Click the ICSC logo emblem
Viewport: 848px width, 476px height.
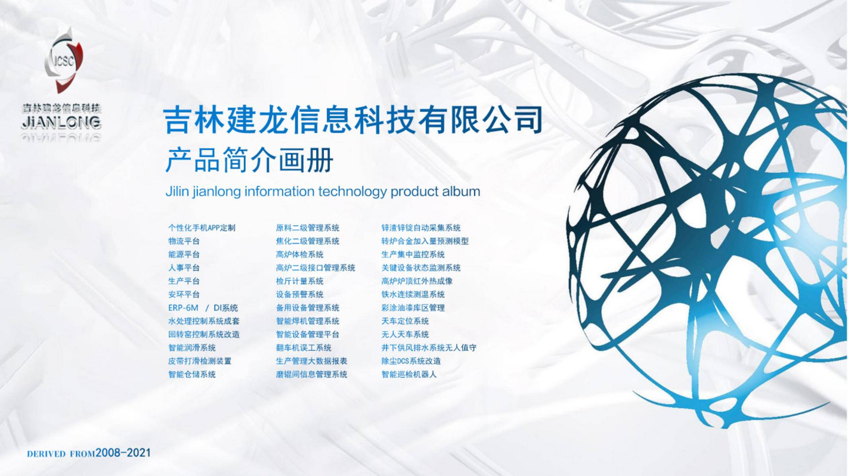tap(63, 60)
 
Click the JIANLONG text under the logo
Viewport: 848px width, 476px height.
tap(61, 123)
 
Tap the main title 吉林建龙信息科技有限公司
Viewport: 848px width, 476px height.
tap(353, 120)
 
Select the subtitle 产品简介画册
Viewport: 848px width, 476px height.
tap(249, 160)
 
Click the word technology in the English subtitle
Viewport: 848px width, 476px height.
tap(352, 192)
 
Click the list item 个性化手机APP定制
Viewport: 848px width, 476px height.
tap(202, 228)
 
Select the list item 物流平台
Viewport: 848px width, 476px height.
tap(184, 241)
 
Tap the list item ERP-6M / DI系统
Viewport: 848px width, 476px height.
tap(203, 308)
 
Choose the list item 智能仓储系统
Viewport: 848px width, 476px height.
tap(192, 374)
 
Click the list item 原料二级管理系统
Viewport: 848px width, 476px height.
tap(307, 228)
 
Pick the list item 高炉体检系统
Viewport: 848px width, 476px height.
tap(299, 254)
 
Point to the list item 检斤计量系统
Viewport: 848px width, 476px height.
tap(299, 281)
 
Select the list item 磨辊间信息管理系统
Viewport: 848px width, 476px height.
tap(311, 374)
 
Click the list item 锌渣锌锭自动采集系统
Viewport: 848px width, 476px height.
tap(421, 228)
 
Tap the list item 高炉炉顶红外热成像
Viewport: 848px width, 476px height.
tap(417, 281)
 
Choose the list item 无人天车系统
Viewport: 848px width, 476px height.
tap(405, 335)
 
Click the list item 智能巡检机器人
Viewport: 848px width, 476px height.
tap(409, 374)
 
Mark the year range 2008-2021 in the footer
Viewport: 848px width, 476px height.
tap(123, 453)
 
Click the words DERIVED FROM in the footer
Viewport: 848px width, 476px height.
tap(61, 454)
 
